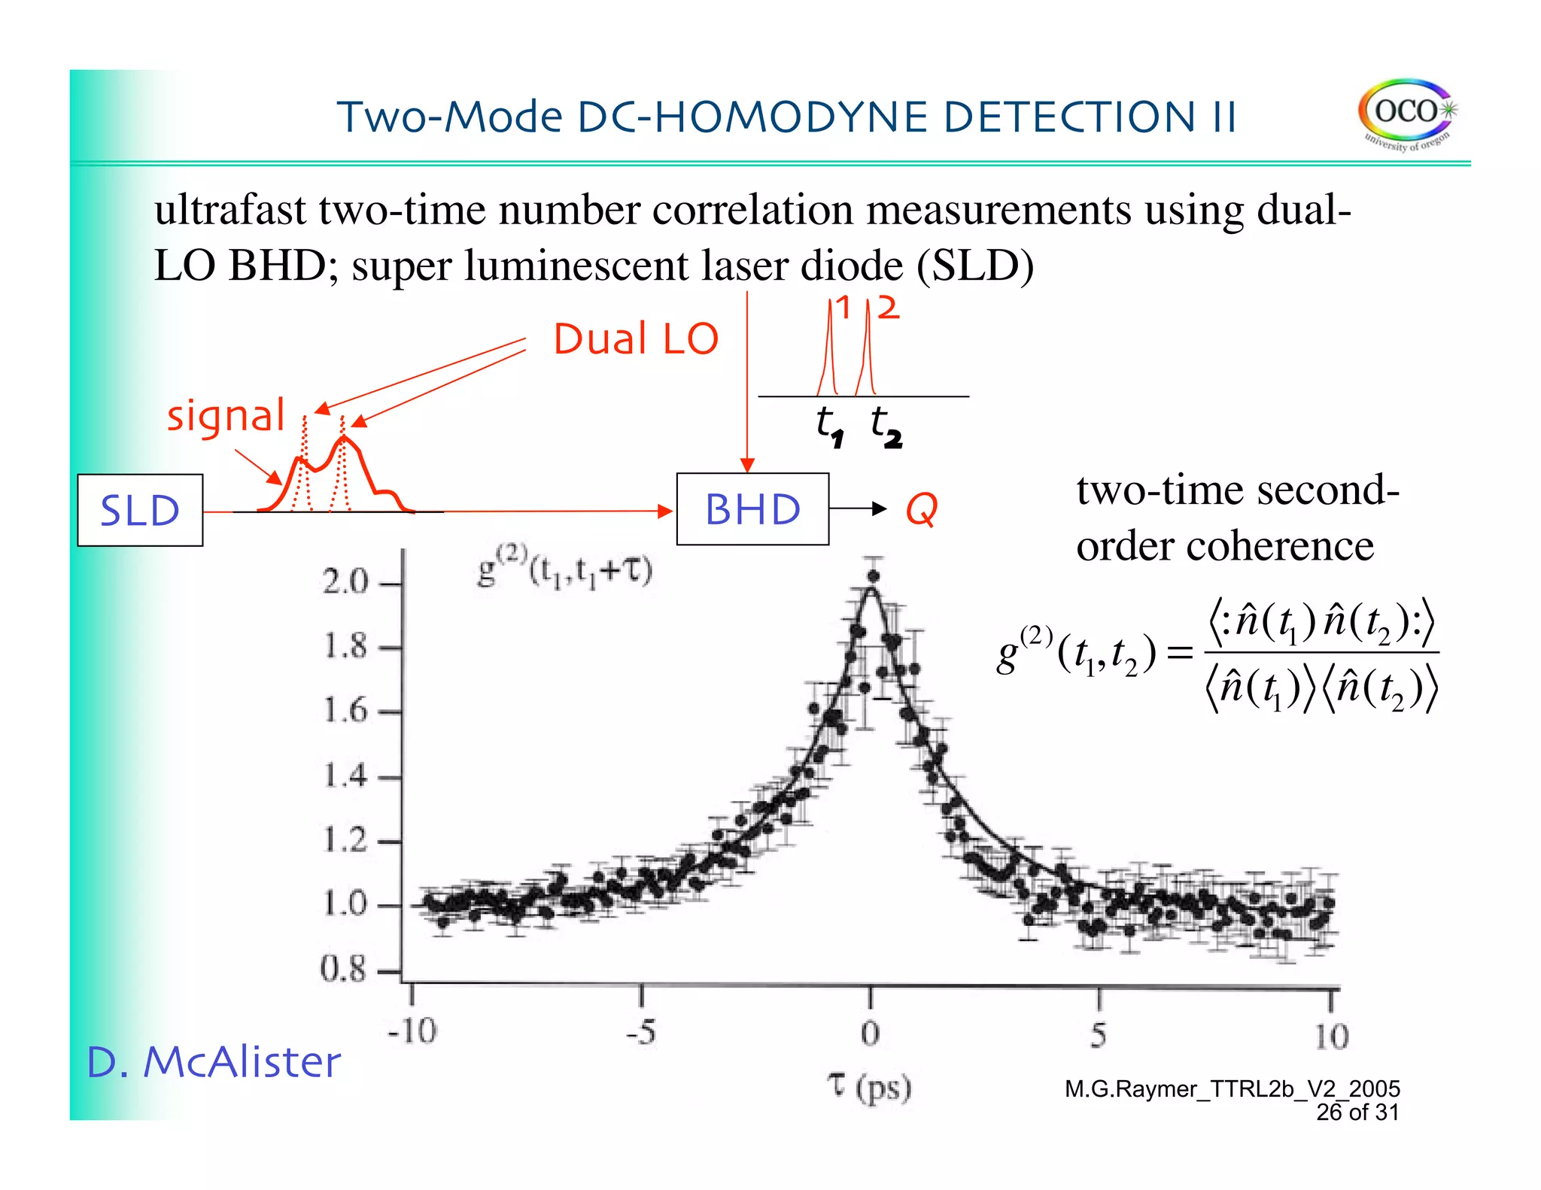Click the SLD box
click(x=140, y=510)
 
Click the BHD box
click(x=752, y=509)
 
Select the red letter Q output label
click(x=922, y=510)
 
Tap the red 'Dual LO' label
click(x=636, y=339)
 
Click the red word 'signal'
click(x=226, y=416)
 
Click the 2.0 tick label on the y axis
click(x=345, y=581)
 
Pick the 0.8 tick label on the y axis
click(x=343, y=969)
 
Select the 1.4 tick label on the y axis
click(x=345, y=775)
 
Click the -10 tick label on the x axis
click(x=412, y=1031)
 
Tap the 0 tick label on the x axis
click(x=870, y=1034)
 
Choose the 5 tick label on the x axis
click(x=1099, y=1035)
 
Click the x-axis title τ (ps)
click(x=869, y=1087)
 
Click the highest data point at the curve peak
click(x=873, y=577)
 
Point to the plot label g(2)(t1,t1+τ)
click(x=564, y=572)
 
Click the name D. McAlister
click(x=214, y=1062)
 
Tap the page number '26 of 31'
click(x=1357, y=1112)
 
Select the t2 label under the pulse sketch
click(x=885, y=427)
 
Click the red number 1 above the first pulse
click(x=843, y=308)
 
